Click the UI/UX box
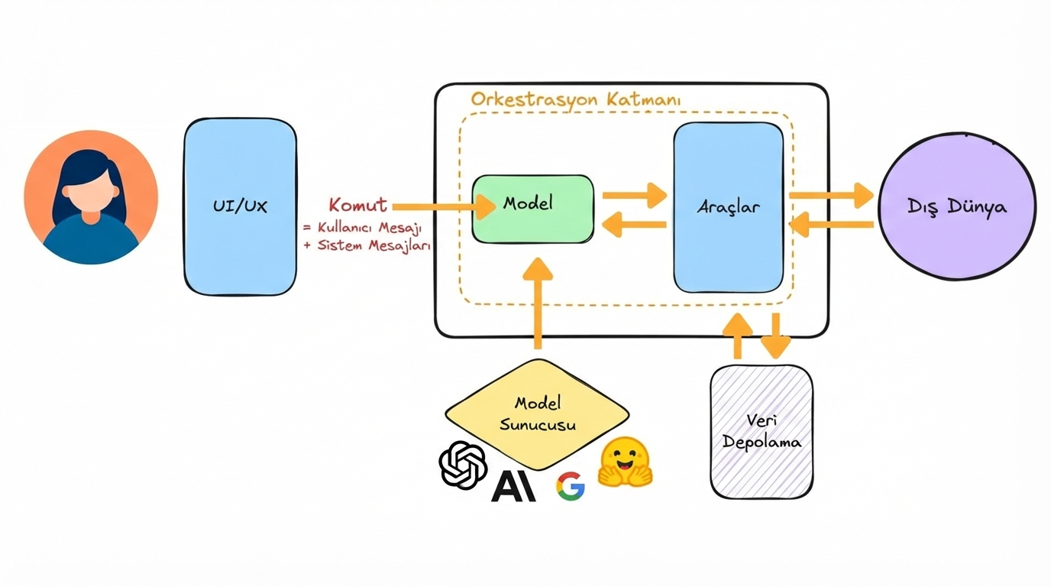click(x=240, y=206)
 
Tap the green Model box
click(x=532, y=209)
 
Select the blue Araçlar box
click(x=728, y=207)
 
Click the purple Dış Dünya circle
click(x=957, y=206)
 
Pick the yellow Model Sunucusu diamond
click(x=537, y=414)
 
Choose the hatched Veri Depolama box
click(x=762, y=432)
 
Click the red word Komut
click(x=357, y=205)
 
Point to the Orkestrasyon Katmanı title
click(x=576, y=99)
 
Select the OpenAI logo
click(x=463, y=464)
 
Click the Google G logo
click(x=571, y=486)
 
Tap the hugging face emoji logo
click(x=626, y=463)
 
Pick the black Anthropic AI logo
click(x=513, y=485)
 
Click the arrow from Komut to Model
click(x=444, y=206)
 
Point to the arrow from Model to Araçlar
click(x=634, y=196)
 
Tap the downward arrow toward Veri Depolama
click(x=776, y=336)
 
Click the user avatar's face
click(x=91, y=194)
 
